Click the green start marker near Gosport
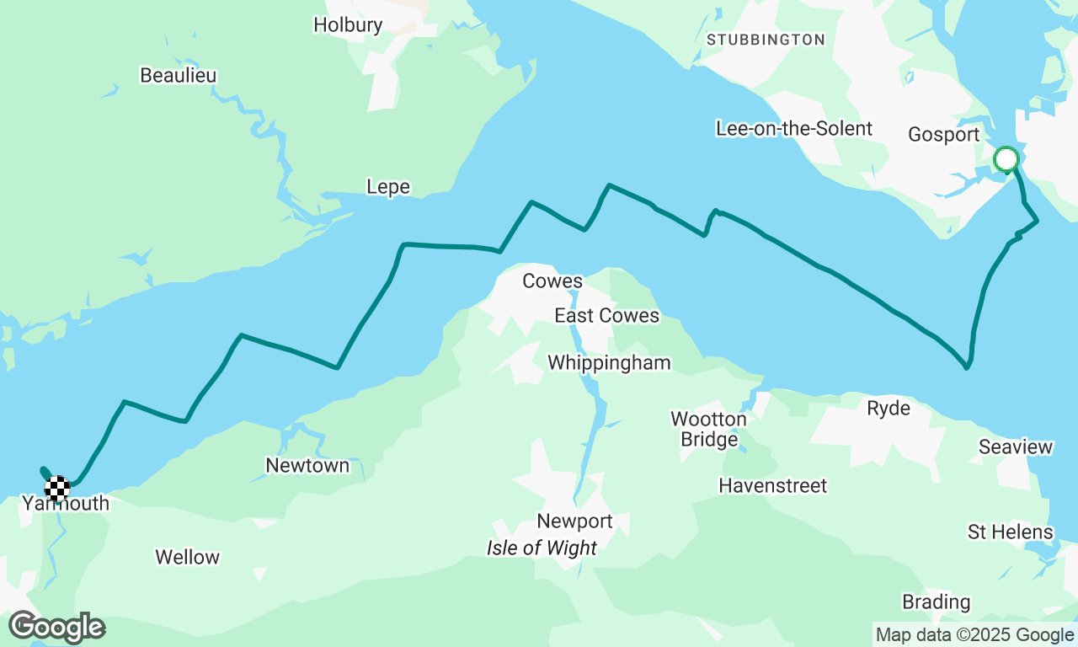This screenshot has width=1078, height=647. click(1006, 158)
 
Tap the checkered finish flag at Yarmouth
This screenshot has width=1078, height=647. click(56, 488)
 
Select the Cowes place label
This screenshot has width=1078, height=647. click(552, 281)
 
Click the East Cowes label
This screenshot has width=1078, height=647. click(606, 316)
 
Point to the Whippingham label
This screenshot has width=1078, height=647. click(609, 363)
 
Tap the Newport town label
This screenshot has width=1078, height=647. click(574, 521)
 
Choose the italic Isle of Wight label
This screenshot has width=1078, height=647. click(542, 548)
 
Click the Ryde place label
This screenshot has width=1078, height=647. click(889, 409)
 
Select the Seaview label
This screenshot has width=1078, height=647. click(1016, 447)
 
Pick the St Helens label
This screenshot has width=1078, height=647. click(1010, 532)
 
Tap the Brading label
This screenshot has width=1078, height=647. click(936, 602)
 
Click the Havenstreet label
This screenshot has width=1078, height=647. click(772, 486)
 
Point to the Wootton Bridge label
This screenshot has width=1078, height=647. click(708, 429)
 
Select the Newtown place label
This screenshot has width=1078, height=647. click(307, 466)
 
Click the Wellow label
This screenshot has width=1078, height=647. click(187, 558)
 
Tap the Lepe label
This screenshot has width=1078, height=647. click(388, 187)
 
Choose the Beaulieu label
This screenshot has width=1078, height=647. click(178, 76)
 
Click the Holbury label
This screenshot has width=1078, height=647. click(348, 25)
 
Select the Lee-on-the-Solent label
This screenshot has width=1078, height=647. click(793, 129)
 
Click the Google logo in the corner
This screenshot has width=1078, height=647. click(57, 628)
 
